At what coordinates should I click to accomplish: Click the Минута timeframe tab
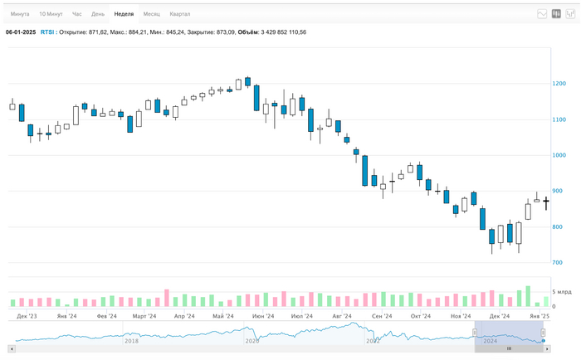pyautogui.click(x=20, y=14)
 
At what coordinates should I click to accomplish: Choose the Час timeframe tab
pyautogui.click(x=76, y=14)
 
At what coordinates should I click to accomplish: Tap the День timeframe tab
pyautogui.click(x=98, y=14)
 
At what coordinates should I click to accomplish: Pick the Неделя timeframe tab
pyautogui.click(x=124, y=14)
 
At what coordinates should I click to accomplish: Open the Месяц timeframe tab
pyautogui.click(x=151, y=14)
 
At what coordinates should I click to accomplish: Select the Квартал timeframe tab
pyautogui.click(x=179, y=14)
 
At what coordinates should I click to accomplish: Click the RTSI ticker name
pyautogui.click(x=47, y=32)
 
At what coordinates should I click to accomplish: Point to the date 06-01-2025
pyautogui.click(x=21, y=32)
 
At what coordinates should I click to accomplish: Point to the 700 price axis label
pyautogui.click(x=559, y=263)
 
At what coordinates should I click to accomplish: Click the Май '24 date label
pyautogui.click(x=222, y=316)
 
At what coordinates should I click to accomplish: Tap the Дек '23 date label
pyautogui.click(x=27, y=316)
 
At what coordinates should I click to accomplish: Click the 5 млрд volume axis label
pyautogui.click(x=562, y=292)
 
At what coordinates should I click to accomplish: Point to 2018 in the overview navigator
pyautogui.click(x=131, y=340)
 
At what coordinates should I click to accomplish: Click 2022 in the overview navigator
pyautogui.click(x=373, y=340)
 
